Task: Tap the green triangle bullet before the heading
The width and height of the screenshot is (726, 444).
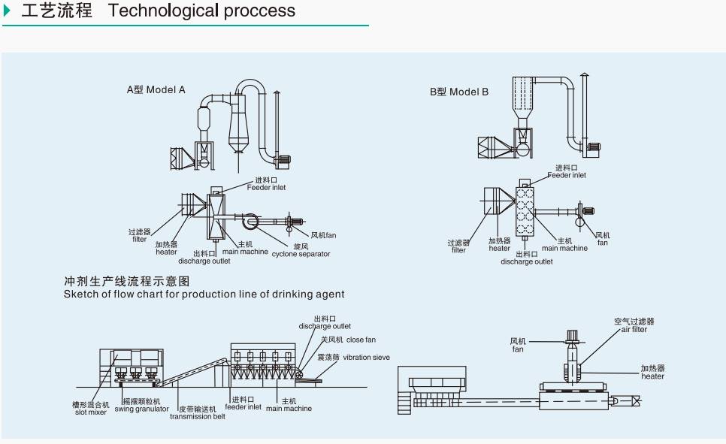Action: click(x=8, y=11)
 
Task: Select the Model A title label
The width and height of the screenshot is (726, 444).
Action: click(x=156, y=90)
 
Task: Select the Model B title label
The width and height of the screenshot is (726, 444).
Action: click(x=459, y=92)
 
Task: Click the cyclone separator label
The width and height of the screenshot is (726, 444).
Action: click(x=301, y=254)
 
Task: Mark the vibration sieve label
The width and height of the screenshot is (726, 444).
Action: click(x=366, y=358)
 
